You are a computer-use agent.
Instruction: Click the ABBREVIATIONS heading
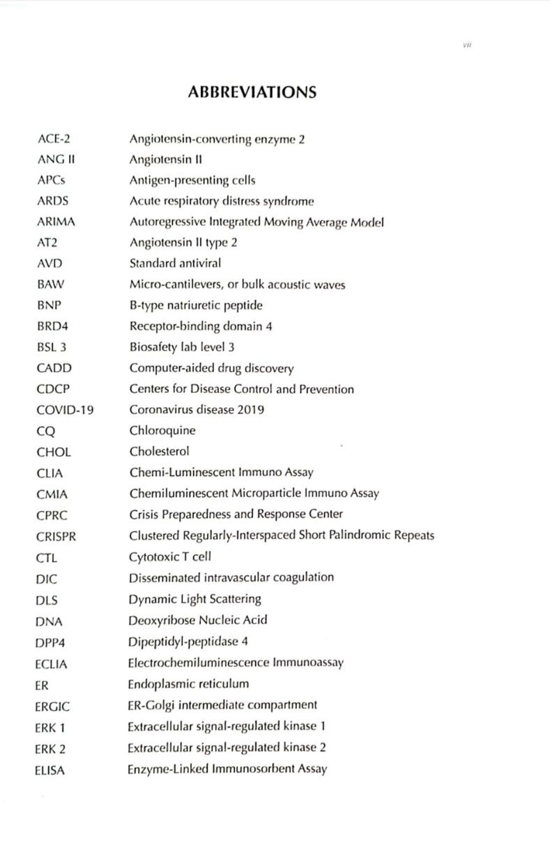[252, 92]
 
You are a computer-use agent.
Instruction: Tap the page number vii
[467, 45]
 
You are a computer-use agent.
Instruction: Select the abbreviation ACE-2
[54, 139]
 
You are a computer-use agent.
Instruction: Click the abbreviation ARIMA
[56, 222]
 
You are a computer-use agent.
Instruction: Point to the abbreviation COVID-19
[65, 410]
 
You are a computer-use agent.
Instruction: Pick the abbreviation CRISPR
[56, 536]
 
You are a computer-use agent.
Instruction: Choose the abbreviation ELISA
[49, 770]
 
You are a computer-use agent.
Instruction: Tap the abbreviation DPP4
[50, 643]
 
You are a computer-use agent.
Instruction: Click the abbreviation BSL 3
[51, 347]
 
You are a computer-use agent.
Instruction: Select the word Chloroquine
[162, 431]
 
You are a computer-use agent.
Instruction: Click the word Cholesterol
[159, 451]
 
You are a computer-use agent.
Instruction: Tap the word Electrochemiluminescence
[198, 662]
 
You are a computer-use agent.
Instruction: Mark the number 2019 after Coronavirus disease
[250, 410]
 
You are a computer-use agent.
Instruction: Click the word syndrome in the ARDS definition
[288, 201]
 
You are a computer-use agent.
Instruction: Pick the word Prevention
[326, 389]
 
